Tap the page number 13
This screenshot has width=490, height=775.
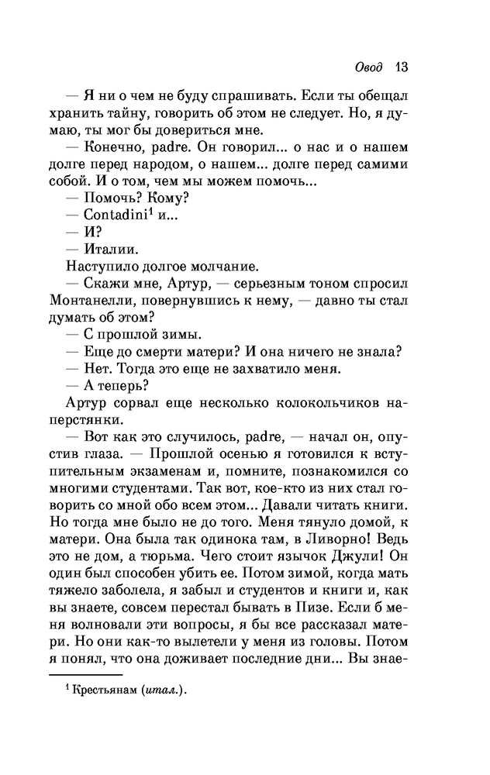401,66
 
